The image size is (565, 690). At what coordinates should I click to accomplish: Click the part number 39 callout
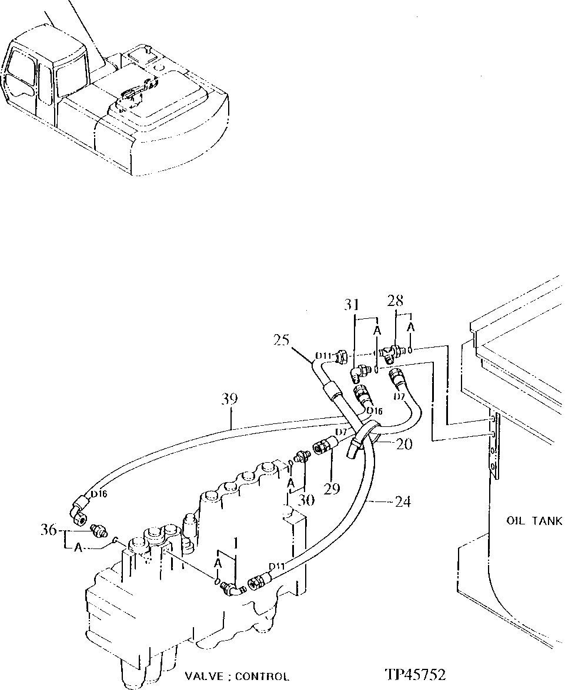click(230, 399)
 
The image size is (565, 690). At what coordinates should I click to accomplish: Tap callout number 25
click(282, 340)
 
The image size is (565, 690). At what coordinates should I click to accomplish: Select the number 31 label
click(352, 304)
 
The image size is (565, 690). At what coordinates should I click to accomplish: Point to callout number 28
click(395, 301)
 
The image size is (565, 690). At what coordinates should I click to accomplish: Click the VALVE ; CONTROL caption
click(237, 676)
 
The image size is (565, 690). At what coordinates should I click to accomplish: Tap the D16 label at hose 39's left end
click(98, 494)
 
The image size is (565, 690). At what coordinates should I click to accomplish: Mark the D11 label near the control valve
click(277, 566)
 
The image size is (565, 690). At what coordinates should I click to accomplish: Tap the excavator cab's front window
click(70, 73)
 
